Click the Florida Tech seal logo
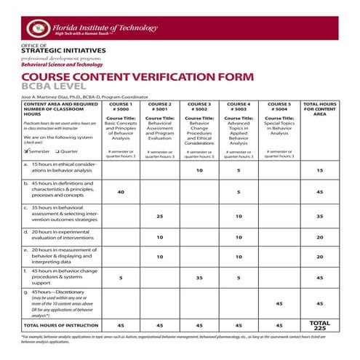click(35, 28)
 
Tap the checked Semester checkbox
click(26, 151)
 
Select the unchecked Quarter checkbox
click(56, 151)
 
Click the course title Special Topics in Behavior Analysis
click(279, 129)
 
